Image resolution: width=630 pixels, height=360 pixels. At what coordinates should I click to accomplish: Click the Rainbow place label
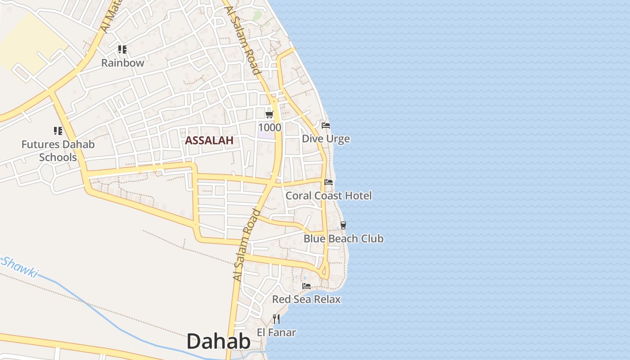122,63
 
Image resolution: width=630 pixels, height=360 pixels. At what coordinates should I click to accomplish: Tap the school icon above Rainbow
122,49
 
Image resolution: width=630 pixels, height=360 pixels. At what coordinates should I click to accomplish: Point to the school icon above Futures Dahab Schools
58,131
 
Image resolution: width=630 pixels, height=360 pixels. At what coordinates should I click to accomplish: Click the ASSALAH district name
209,140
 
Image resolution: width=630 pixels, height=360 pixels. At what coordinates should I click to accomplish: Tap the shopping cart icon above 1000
270,115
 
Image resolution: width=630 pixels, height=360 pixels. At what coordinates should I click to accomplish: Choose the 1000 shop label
270,127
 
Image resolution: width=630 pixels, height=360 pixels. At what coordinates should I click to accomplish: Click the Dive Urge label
326,139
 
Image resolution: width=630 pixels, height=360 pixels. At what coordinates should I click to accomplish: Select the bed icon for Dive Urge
326,125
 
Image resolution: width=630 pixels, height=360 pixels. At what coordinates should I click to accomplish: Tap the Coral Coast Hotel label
328,196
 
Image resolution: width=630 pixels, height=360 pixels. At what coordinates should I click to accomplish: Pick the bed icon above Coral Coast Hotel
328,182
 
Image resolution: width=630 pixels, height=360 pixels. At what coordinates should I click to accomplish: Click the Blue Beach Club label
343,238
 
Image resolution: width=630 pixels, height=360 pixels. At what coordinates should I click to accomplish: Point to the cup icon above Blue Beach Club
343,225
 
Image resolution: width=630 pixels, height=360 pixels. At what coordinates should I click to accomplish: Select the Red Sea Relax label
306,299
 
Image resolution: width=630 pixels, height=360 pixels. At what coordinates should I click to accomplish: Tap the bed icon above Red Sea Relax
306,286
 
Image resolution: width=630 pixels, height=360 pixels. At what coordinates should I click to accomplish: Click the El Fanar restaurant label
276,333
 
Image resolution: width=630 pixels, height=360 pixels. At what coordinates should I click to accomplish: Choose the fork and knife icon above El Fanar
276,319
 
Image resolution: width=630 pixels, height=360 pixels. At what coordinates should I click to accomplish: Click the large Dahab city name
218,342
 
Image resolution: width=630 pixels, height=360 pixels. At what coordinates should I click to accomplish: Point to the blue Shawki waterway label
20,267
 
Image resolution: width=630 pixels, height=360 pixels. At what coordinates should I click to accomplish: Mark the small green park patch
257,16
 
